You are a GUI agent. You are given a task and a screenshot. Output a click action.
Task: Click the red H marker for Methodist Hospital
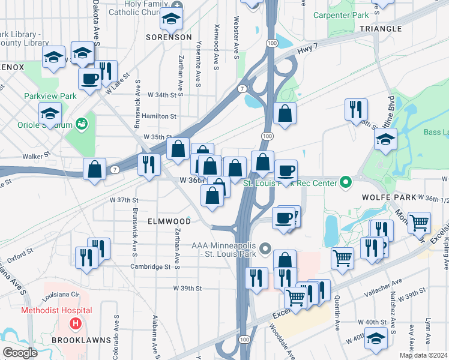click(x=76, y=325)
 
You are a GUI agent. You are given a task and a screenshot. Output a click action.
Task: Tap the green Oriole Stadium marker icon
click(x=82, y=125)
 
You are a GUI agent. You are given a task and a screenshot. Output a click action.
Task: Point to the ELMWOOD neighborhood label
click(x=169, y=221)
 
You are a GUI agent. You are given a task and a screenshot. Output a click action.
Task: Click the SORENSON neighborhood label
click(x=169, y=37)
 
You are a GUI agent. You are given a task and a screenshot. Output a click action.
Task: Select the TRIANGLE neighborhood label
click(x=381, y=28)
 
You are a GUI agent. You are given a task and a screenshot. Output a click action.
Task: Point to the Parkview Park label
click(x=50, y=96)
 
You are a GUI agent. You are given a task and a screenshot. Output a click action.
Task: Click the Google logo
click(x=20, y=353)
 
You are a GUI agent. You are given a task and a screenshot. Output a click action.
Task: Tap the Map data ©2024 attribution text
click(x=423, y=355)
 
